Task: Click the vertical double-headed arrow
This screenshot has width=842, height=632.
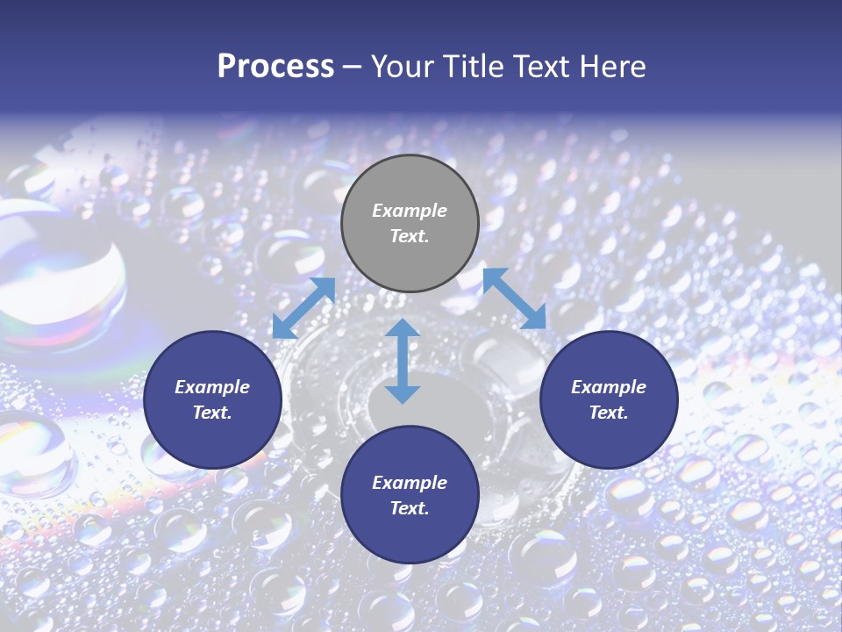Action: pyautogui.click(x=403, y=361)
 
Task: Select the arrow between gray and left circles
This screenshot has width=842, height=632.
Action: pyautogui.click(x=304, y=308)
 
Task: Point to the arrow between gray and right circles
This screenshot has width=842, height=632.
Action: pyautogui.click(x=514, y=298)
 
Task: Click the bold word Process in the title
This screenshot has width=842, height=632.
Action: pyautogui.click(x=275, y=66)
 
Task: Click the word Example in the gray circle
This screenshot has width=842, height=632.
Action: pyautogui.click(x=410, y=211)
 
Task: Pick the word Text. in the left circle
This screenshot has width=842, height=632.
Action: pyautogui.click(x=212, y=413)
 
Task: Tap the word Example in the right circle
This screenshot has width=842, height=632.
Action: pyautogui.click(x=609, y=387)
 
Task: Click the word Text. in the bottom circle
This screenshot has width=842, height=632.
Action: pyautogui.click(x=410, y=508)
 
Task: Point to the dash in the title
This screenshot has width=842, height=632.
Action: pyautogui.click(x=353, y=67)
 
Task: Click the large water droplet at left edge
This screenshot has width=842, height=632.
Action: pyautogui.click(x=61, y=272)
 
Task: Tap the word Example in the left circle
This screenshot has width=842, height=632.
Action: pyautogui.click(x=212, y=387)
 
